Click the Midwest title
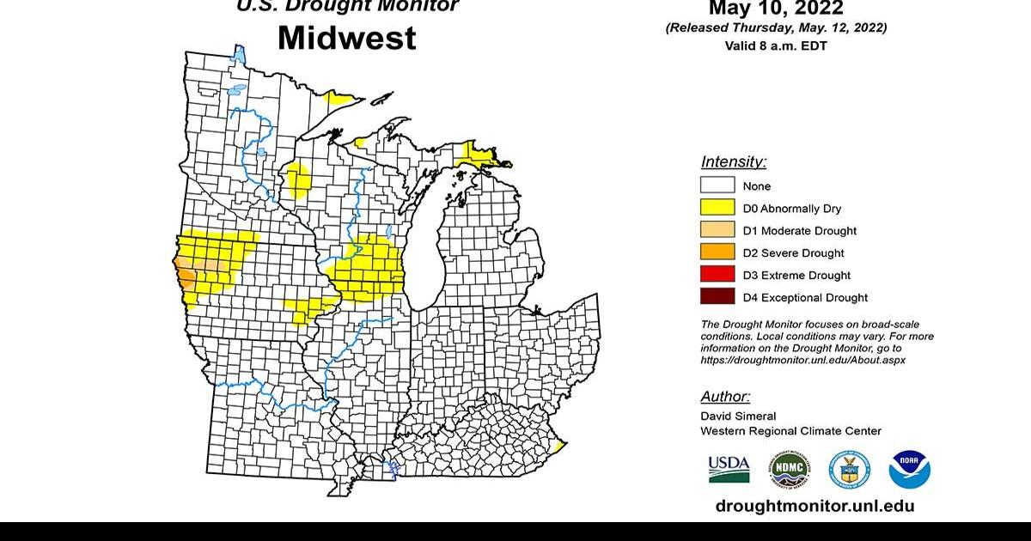pyautogui.click(x=346, y=38)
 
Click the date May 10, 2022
pyautogui.click(x=776, y=9)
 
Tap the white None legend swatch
pyautogui.click(x=717, y=185)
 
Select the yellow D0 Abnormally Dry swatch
pyautogui.click(x=717, y=208)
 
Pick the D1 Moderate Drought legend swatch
pyautogui.click(x=717, y=230)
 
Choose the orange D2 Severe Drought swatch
pyautogui.click(x=717, y=252)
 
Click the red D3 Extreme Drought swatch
pyautogui.click(x=717, y=275)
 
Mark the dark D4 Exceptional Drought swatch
pyautogui.click(x=717, y=297)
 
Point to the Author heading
pyautogui.click(x=725, y=397)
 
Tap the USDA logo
pyautogui.click(x=729, y=469)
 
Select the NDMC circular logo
pyautogui.click(x=789, y=469)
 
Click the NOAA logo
pyautogui.click(x=910, y=469)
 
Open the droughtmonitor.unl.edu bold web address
pyautogui.click(x=814, y=506)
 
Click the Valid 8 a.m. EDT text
pyautogui.click(x=776, y=46)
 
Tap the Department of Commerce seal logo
pyautogui.click(x=849, y=469)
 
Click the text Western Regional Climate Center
pyautogui.click(x=790, y=431)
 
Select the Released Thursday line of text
pyautogui.click(x=776, y=28)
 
